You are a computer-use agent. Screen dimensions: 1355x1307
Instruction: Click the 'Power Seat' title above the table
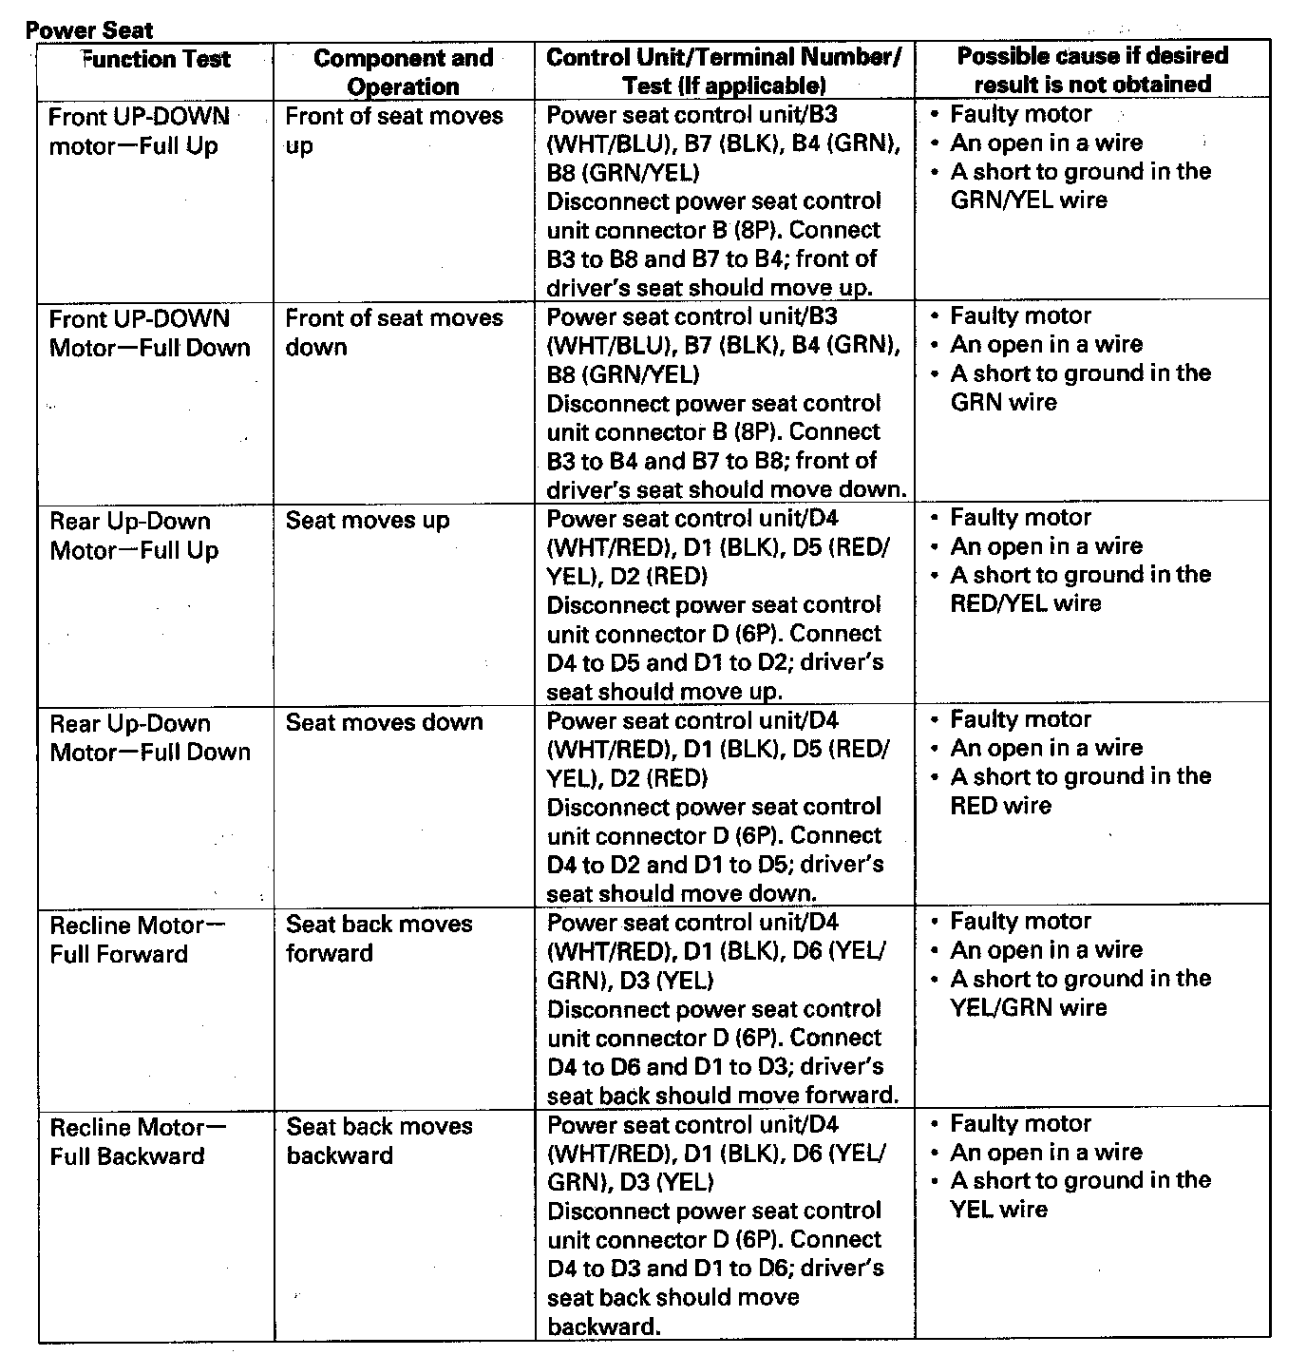point(89,29)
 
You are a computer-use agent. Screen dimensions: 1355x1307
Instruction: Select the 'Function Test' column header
point(155,59)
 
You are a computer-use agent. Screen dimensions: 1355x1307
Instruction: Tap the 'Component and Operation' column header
point(403,72)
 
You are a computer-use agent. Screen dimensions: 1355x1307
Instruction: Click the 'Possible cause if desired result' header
point(1092,69)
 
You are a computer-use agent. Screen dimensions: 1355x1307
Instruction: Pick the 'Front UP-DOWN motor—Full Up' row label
point(139,131)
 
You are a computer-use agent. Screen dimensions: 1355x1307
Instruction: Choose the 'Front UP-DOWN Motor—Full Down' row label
point(149,333)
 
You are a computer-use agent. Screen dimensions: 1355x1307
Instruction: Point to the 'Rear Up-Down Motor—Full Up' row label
point(134,535)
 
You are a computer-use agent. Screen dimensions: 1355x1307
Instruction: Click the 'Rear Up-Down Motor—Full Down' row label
point(150,737)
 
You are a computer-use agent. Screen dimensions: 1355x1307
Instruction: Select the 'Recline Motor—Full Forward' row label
point(138,939)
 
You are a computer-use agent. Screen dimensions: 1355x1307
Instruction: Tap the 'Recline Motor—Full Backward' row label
point(138,1141)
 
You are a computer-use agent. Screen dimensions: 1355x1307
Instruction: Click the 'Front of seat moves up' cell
point(393,130)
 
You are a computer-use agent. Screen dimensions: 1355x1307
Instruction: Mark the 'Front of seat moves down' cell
point(393,332)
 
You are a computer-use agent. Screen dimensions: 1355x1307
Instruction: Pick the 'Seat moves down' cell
point(384,722)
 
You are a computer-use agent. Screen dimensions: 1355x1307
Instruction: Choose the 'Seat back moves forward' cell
point(378,938)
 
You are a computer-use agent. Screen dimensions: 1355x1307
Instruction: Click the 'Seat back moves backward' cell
point(378,1140)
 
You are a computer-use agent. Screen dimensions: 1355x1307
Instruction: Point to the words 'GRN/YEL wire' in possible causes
point(1028,200)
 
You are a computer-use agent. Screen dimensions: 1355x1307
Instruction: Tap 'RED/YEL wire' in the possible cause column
point(1025,603)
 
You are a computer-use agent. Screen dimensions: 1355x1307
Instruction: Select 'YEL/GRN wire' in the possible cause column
point(1028,1007)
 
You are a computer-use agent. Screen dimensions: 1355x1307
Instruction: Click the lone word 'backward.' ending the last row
point(603,1326)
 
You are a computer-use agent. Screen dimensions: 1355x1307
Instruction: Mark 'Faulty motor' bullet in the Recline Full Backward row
point(1020,1123)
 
